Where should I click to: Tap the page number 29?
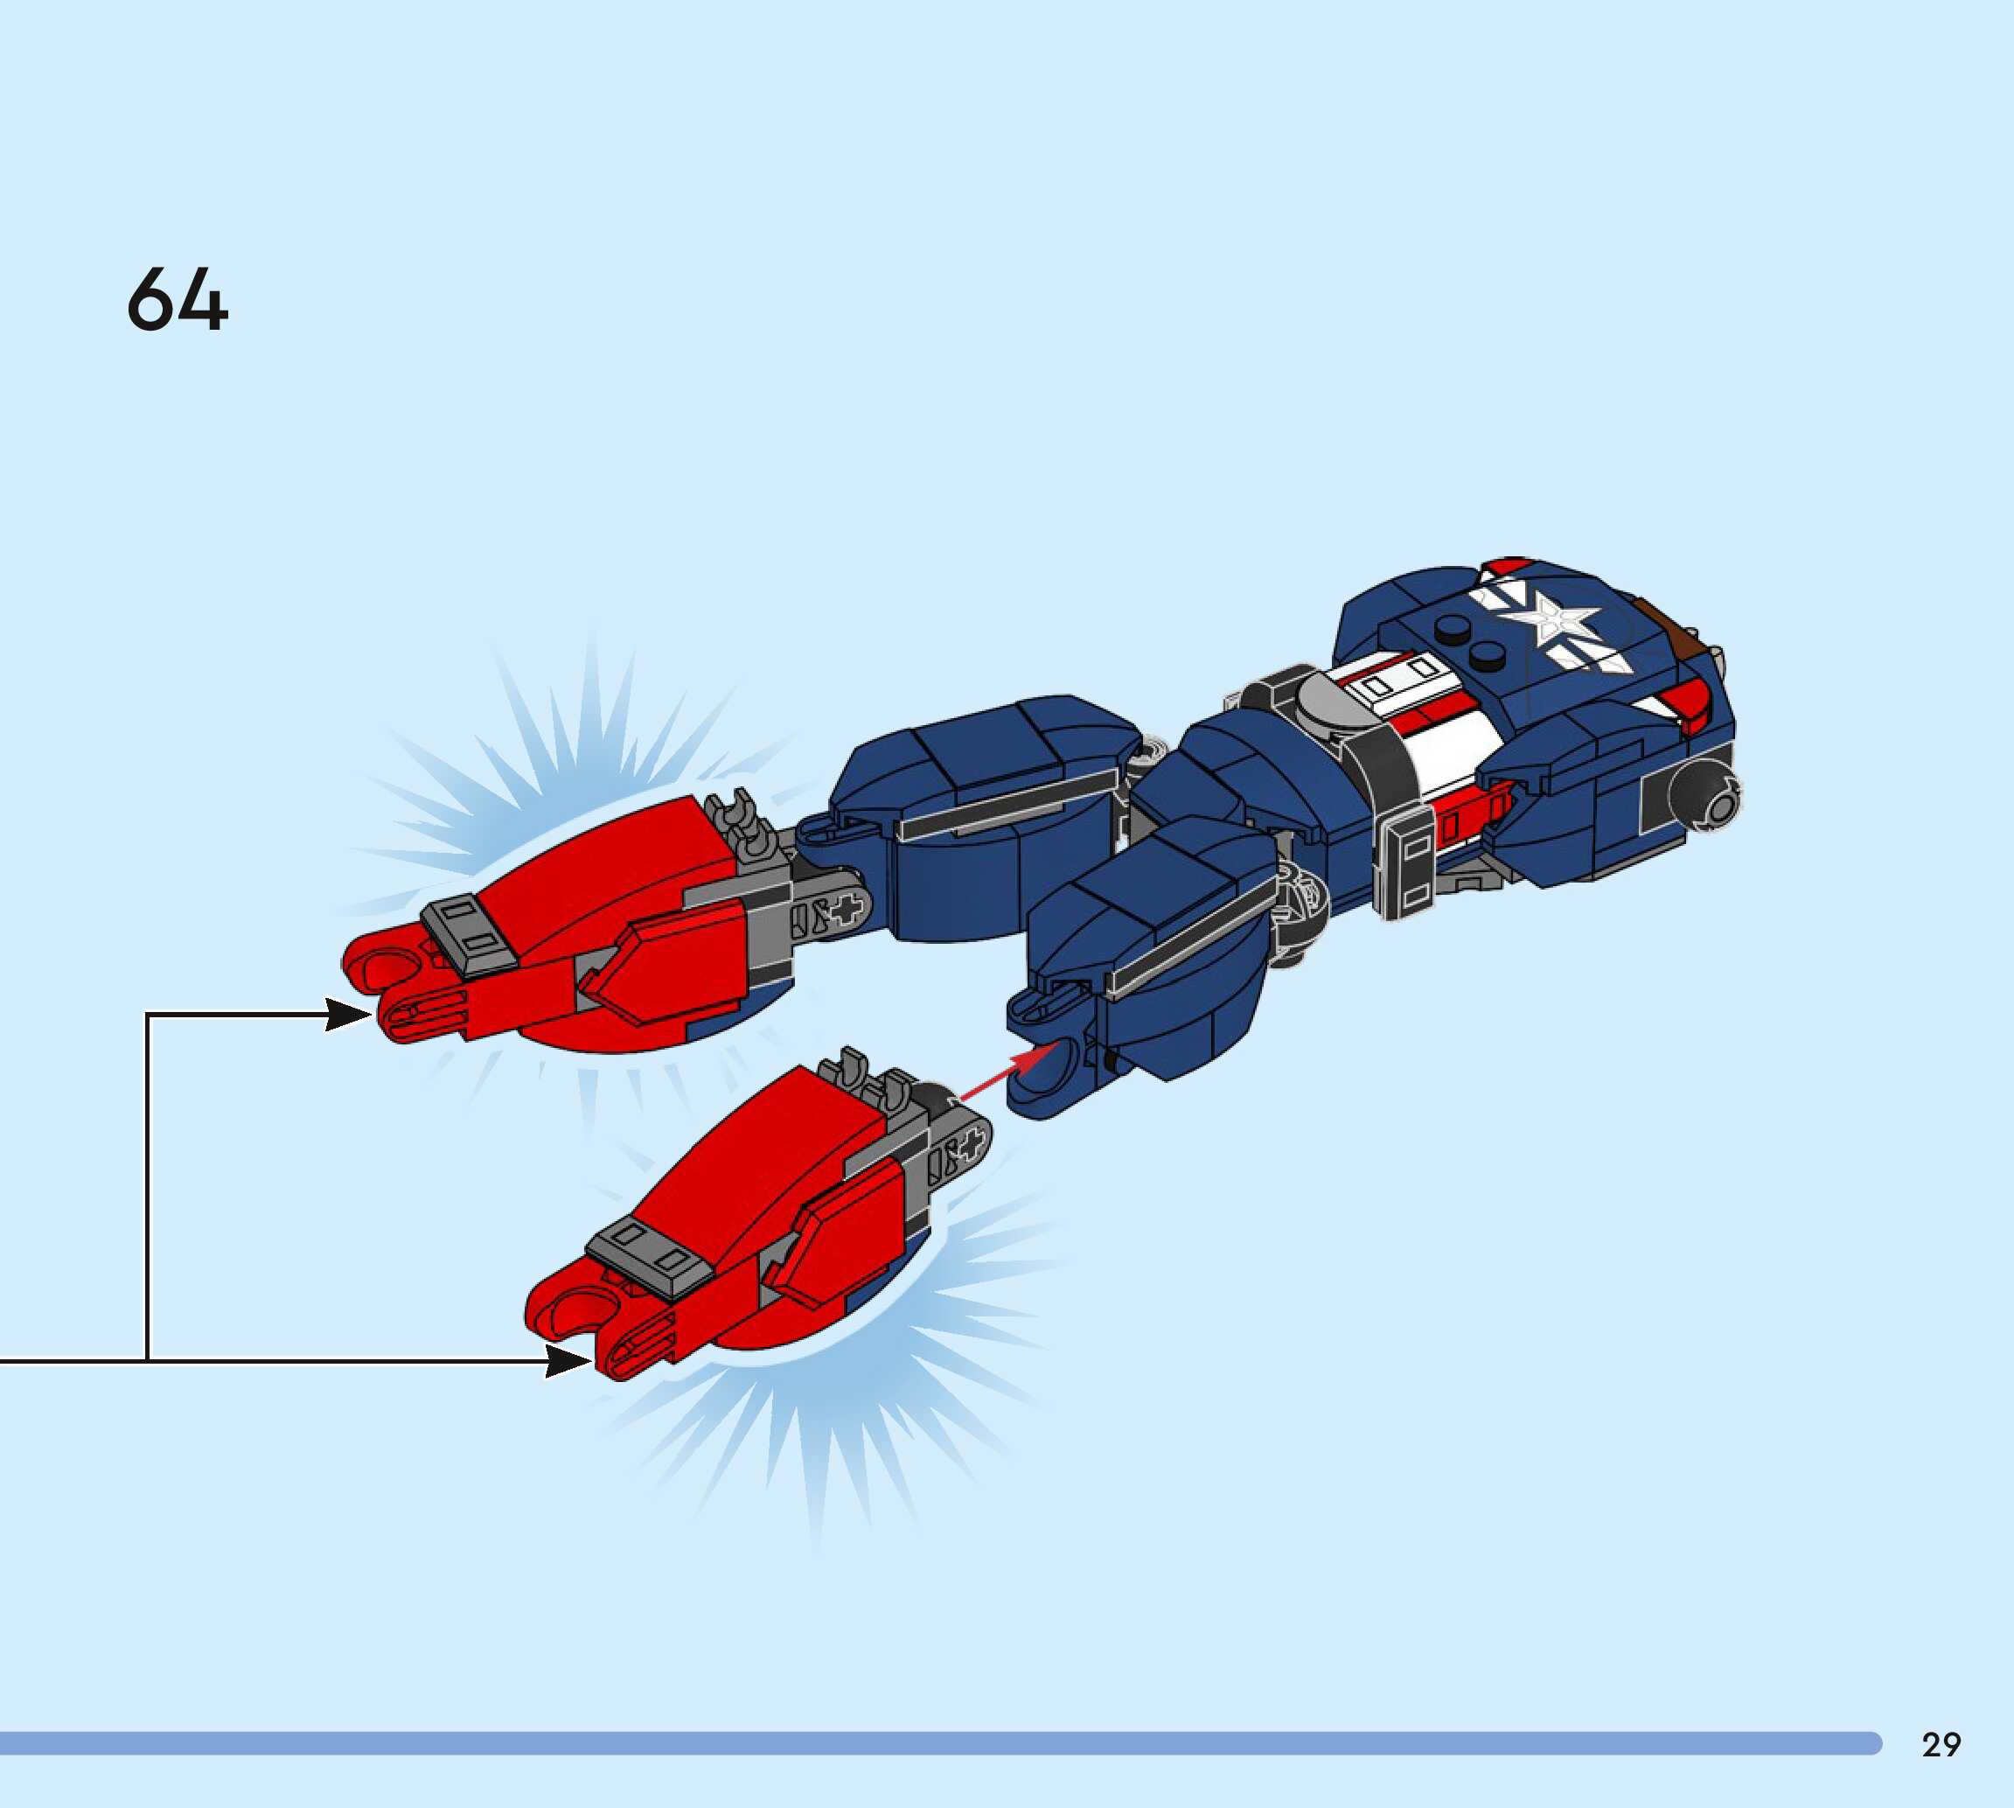coord(1941,1744)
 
